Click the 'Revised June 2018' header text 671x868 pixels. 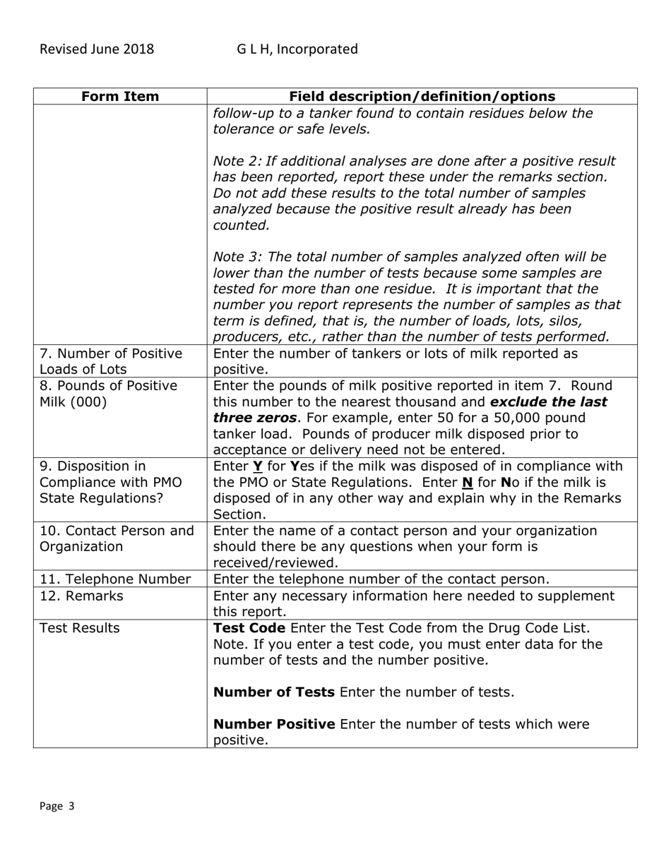click(x=96, y=49)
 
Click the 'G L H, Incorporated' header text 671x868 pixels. click(x=297, y=49)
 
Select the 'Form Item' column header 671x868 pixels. click(x=120, y=97)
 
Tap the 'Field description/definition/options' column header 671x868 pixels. click(x=422, y=97)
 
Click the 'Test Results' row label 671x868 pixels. click(x=79, y=628)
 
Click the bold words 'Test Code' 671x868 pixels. click(x=249, y=628)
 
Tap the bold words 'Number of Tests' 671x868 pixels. click(x=274, y=692)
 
